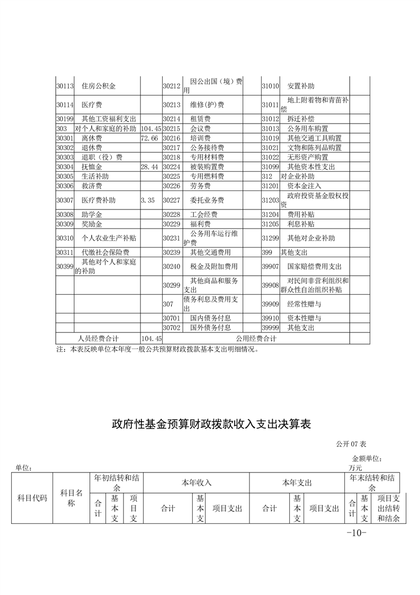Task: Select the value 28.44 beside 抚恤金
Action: pos(150,167)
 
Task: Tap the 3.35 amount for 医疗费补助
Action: pos(147,200)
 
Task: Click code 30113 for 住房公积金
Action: pos(65,85)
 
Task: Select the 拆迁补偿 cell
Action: pos(300,119)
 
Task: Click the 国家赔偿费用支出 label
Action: pos(315,266)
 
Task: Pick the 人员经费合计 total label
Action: pos(98,338)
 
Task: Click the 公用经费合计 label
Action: pos(256,338)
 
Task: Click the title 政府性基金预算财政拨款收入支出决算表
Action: pos(210,424)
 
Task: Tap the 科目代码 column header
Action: pos(32,498)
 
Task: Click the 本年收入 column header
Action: pos(196,483)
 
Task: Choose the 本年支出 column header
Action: pos(297,483)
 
